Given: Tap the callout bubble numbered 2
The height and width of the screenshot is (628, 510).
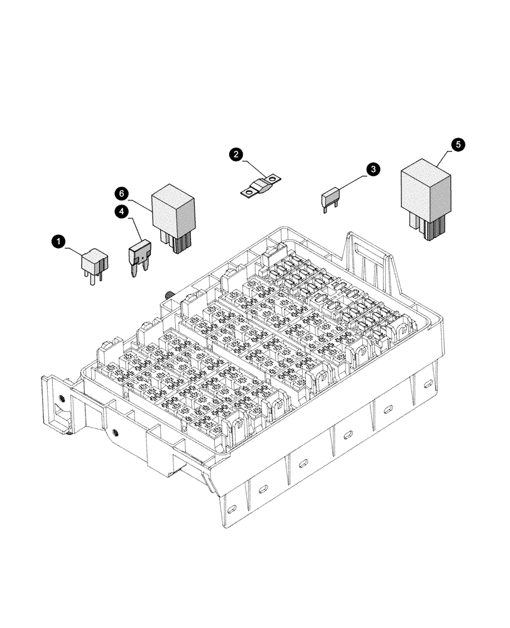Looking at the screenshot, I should click(236, 154).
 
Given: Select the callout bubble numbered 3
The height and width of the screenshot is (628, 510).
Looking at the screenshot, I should click(373, 170).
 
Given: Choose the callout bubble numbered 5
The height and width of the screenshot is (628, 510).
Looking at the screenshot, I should click(458, 144).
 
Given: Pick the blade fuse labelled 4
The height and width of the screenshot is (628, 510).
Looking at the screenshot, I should click(139, 252).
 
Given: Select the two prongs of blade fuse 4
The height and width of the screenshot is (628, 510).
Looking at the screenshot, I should click(139, 271).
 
